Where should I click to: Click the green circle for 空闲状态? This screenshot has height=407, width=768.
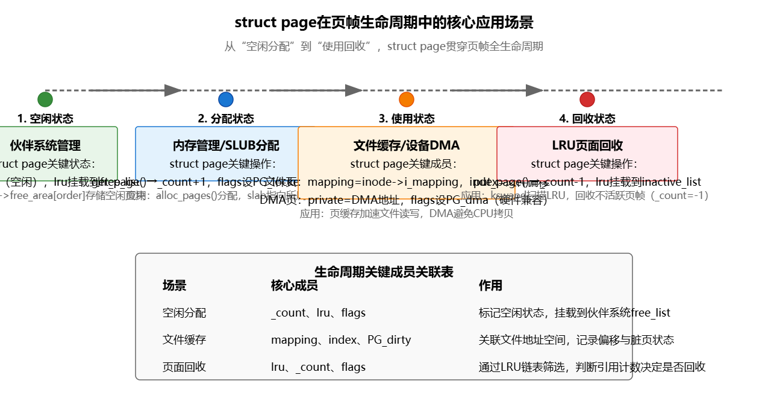45,99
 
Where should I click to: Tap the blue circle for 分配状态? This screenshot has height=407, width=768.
226,99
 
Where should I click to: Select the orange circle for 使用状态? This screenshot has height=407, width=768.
407,99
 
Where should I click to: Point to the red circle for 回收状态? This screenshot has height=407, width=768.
587,99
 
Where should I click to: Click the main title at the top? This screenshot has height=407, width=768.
384,23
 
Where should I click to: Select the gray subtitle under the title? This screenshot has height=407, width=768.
384,46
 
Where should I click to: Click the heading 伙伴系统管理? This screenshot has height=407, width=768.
45,145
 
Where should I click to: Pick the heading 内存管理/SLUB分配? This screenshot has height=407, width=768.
226,145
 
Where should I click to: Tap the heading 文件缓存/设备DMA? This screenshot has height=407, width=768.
407,145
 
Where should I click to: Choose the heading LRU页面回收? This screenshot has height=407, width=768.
587,145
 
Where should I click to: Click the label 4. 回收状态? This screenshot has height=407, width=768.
587,119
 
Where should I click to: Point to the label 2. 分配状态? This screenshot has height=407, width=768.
226,119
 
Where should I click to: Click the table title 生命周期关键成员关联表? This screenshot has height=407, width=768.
384,272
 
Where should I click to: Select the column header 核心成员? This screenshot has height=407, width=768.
294,285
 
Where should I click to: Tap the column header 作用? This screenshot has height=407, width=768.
490,285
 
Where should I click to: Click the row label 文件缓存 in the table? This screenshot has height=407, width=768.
184,339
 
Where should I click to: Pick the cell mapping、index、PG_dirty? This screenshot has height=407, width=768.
341,339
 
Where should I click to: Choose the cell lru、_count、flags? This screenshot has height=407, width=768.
318,367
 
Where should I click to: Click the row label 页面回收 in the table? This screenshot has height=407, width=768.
184,367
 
